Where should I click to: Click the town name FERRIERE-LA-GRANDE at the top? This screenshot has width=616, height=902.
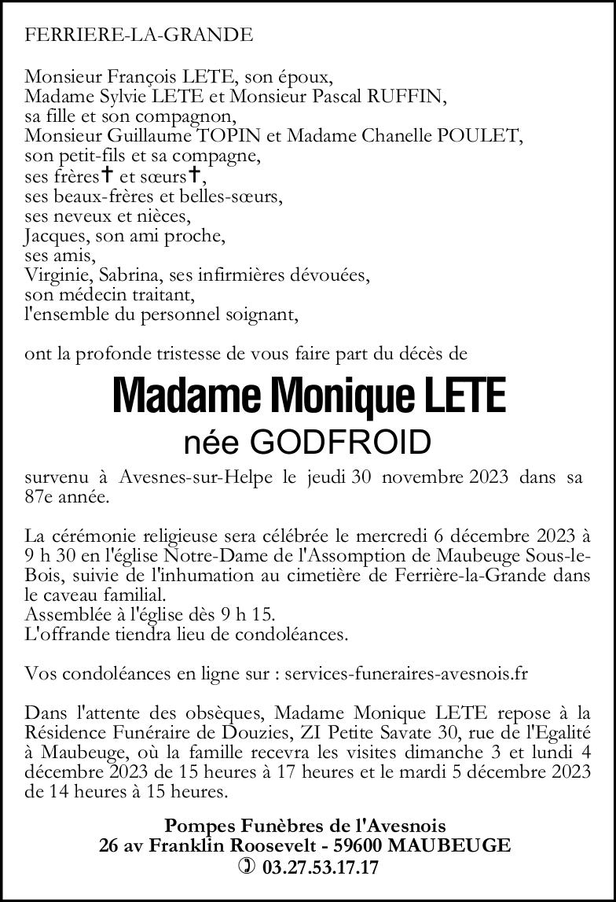click(x=139, y=35)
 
